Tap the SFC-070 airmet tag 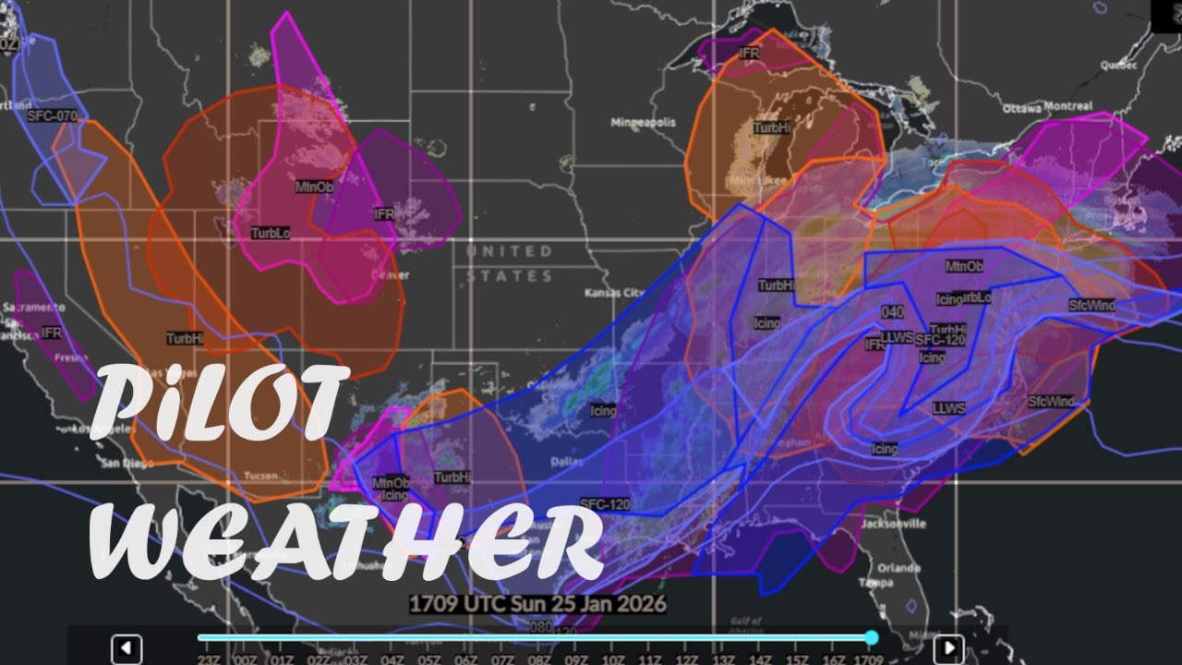tap(53, 116)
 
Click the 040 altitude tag tap(892, 312)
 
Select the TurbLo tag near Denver tap(271, 234)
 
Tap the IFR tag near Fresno tap(52, 332)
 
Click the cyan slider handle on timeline tap(871, 637)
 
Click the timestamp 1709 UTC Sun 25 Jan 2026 tap(538, 604)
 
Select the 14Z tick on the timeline tap(759, 659)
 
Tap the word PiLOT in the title tap(222, 398)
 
